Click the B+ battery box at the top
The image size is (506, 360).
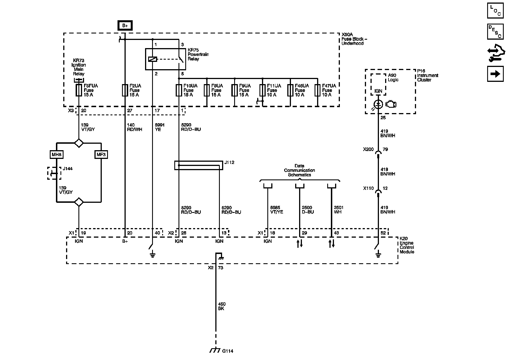point(125,26)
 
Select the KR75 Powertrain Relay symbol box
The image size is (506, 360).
point(165,59)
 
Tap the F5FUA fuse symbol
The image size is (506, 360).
point(79,90)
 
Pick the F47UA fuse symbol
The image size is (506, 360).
point(317,90)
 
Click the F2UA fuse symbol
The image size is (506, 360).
point(125,90)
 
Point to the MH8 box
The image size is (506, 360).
point(57,154)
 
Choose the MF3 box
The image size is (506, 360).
point(101,154)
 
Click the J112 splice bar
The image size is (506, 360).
point(198,165)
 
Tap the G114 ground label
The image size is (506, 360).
point(228,351)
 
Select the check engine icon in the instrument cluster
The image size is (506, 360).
point(391,104)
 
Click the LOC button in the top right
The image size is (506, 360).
point(495,11)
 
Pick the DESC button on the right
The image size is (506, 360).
point(495,31)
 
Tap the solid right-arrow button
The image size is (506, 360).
point(495,74)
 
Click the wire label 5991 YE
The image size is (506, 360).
point(159,127)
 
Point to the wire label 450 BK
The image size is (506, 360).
point(222,306)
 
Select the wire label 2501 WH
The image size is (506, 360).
point(338,210)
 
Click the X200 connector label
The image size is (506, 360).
point(368,149)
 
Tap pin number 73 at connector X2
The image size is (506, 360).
point(221,268)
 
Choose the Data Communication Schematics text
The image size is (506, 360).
point(299,170)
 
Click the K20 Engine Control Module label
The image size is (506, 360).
point(406,245)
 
